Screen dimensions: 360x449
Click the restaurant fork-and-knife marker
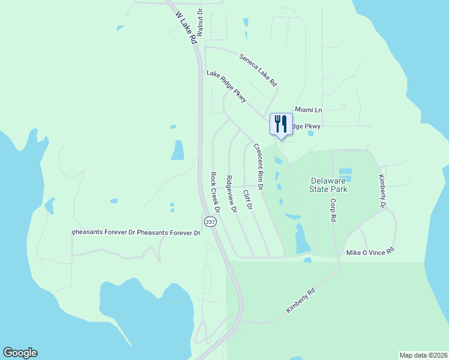coord(280,124)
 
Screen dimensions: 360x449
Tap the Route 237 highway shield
coord(209,221)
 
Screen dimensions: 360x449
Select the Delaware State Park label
coord(330,185)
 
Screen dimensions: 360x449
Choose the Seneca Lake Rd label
coord(258,70)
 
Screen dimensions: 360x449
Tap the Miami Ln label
coord(309,110)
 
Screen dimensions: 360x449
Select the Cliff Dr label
coord(247,199)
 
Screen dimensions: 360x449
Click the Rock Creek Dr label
coord(214,193)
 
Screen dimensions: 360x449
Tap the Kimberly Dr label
coord(382,191)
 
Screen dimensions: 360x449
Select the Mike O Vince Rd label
coord(370,253)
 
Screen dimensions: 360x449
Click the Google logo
coord(20,353)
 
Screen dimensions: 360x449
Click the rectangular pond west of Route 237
coord(178,150)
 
